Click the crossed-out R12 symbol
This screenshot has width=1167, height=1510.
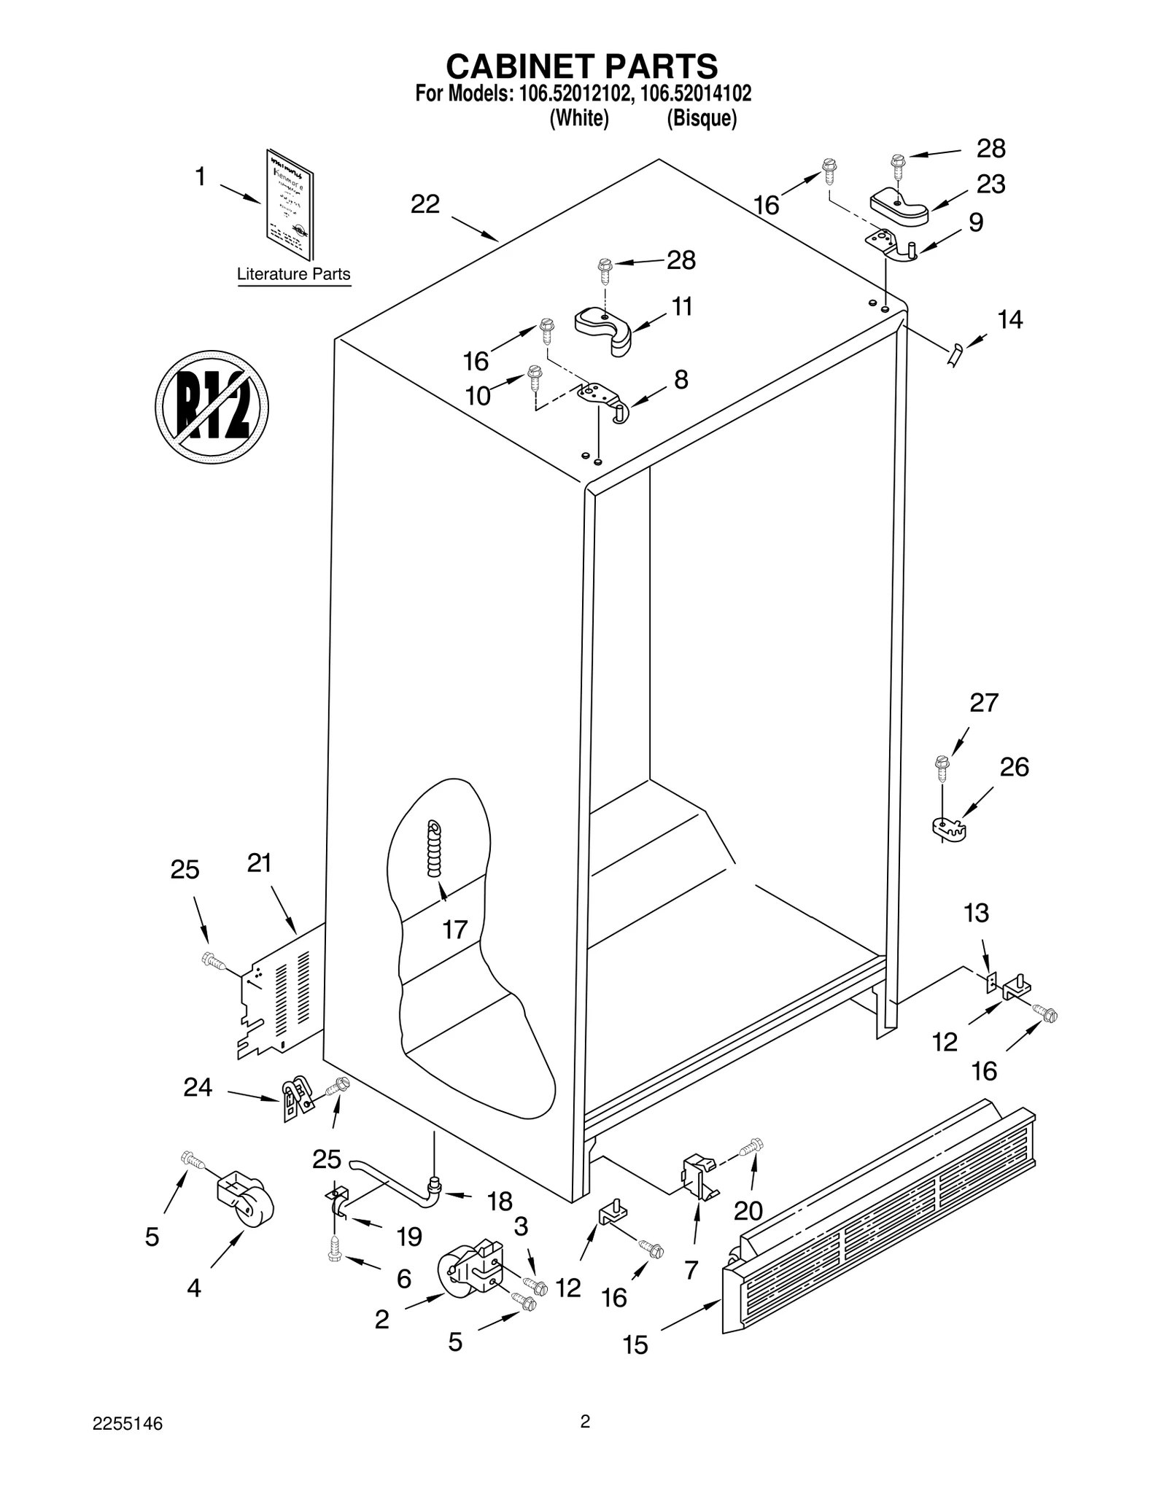(x=212, y=406)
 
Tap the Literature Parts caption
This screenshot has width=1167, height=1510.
(x=293, y=275)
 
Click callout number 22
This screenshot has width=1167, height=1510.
(x=424, y=205)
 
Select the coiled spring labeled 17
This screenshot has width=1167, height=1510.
(x=435, y=849)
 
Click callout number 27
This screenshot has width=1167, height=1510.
(x=983, y=703)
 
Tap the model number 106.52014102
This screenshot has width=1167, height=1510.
(x=696, y=94)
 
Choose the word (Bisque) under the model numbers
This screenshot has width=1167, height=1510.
(x=702, y=118)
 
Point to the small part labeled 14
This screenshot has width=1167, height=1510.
(x=955, y=356)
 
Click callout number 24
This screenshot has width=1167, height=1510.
(x=198, y=1087)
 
